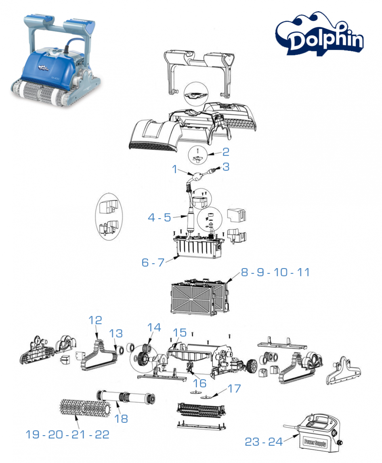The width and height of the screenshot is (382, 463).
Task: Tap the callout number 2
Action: click(226, 152)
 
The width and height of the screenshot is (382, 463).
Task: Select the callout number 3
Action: click(226, 167)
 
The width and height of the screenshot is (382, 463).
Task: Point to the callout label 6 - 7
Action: click(153, 262)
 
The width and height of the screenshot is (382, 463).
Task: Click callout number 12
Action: click(96, 320)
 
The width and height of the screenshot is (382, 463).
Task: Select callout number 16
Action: click(200, 383)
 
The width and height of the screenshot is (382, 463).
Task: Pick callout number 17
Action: click(234, 389)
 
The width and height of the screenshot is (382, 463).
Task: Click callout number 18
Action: click(121, 419)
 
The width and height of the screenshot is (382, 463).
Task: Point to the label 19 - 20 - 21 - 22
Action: click(67, 434)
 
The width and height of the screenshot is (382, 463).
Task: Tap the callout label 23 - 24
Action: click(264, 442)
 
